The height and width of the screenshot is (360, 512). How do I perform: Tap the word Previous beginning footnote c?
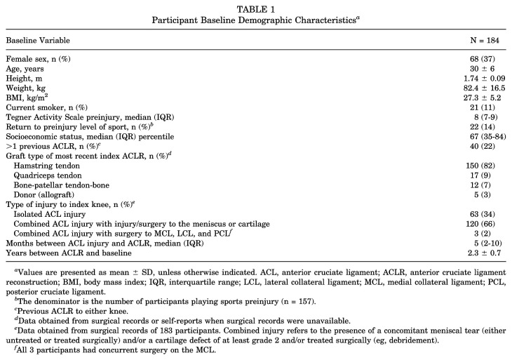coord(32,312)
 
